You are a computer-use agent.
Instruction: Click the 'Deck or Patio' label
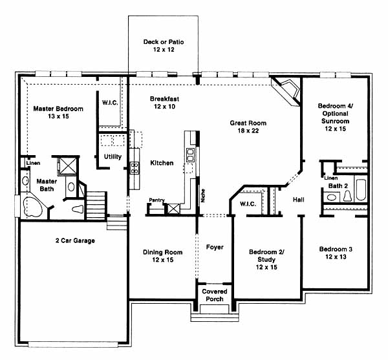(164, 42)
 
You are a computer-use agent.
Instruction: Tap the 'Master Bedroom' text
(58, 109)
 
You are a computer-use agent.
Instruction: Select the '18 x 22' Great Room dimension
(248, 131)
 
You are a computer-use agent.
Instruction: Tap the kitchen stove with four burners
(135, 168)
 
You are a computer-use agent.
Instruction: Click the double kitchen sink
(190, 154)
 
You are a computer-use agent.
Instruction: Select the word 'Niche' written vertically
(203, 196)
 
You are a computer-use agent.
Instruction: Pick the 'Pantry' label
(157, 200)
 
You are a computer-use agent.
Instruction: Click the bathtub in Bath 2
(361, 190)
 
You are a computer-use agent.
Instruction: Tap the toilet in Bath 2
(348, 196)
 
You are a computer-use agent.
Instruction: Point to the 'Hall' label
(298, 200)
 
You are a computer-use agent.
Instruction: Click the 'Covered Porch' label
(215, 295)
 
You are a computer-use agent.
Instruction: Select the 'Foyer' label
(215, 247)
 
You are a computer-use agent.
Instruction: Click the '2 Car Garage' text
(75, 240)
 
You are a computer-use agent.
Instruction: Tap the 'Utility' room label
(113, 157)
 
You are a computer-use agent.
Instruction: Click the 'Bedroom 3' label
(336, 249)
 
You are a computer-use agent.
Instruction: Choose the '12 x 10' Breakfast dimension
(164, 106)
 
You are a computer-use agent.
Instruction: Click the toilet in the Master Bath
(78, 209)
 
